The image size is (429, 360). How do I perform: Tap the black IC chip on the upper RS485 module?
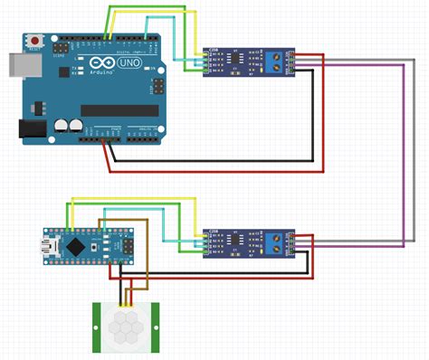click(237, 61)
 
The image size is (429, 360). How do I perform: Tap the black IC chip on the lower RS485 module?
click(237, 241)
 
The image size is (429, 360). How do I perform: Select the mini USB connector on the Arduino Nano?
click(48, 244)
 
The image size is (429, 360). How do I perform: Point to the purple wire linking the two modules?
click(402, 154)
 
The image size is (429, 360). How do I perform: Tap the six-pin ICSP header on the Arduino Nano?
click(116, 244)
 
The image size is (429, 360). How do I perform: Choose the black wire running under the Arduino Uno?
click(217, 163)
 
